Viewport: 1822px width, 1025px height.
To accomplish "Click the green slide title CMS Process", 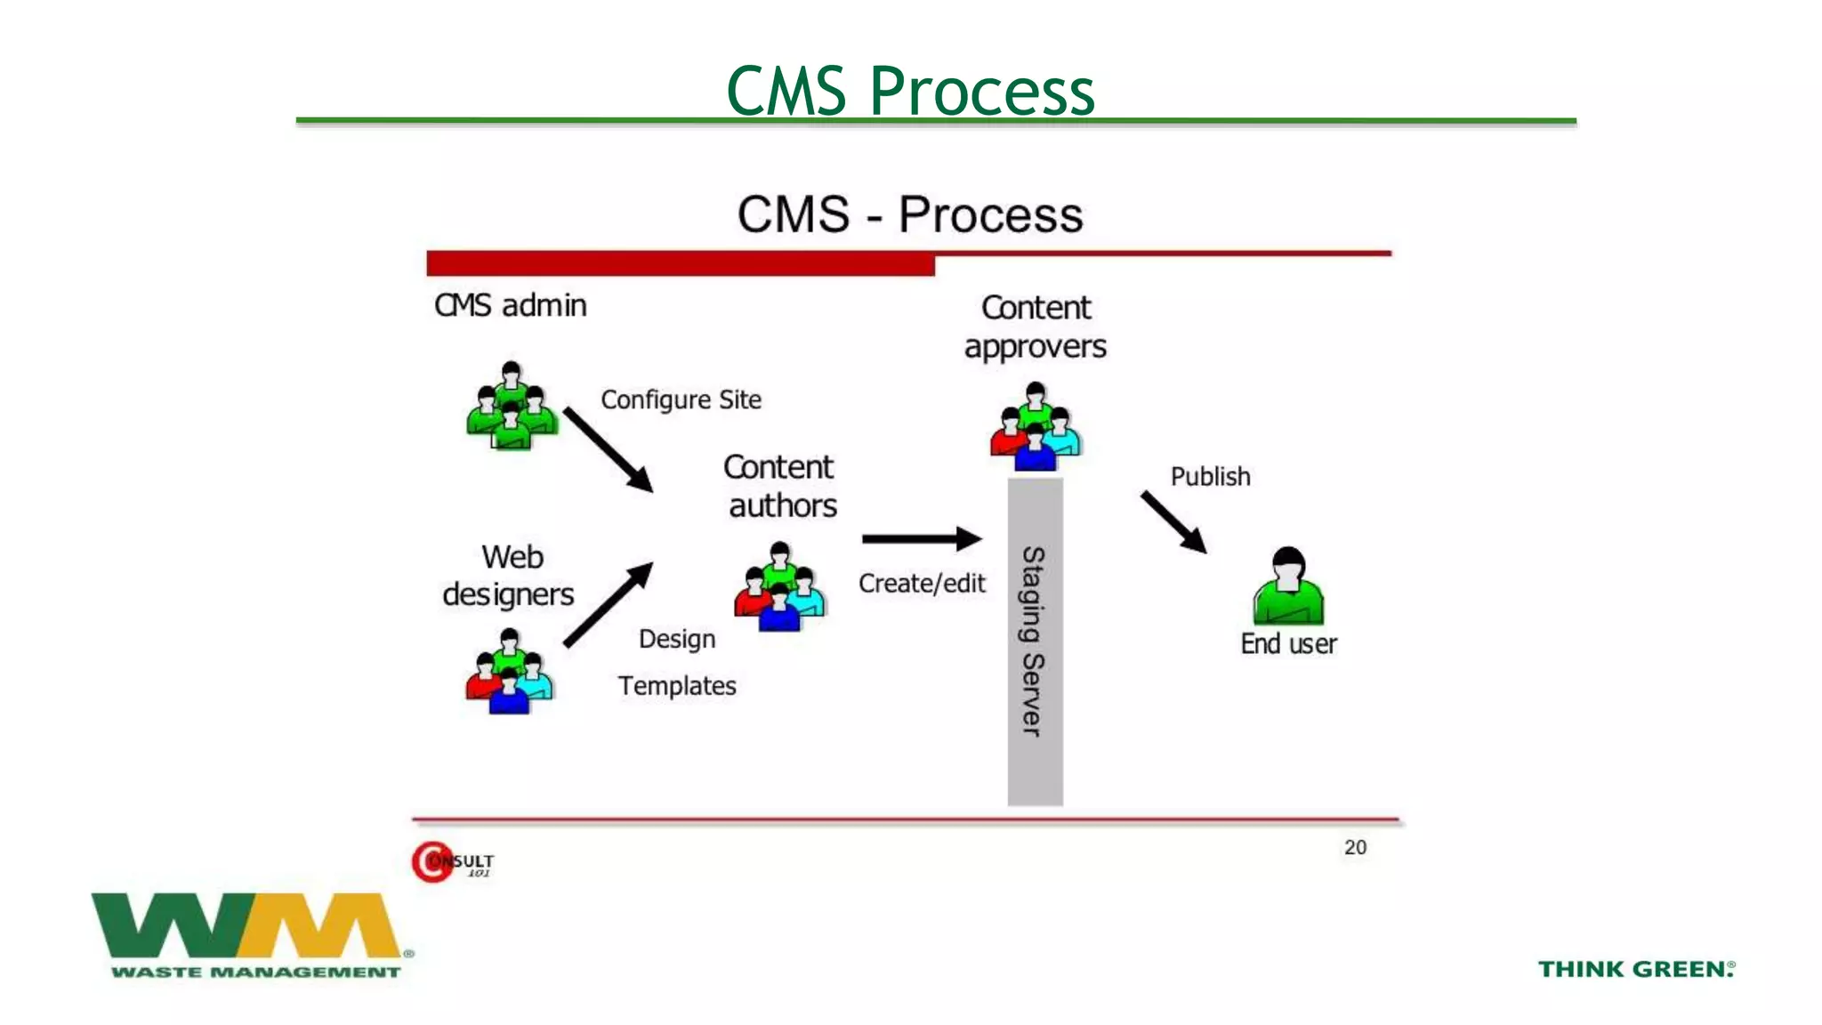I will click(x=910, y=91).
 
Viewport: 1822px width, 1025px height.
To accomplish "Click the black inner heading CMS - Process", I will click(x=910, y=215).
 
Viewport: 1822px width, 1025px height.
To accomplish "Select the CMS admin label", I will click(x=510, y=305).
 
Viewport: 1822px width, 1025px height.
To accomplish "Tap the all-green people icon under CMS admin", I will click(x=512, y=407).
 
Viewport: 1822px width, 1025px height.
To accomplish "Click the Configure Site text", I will click(x=681, y=400).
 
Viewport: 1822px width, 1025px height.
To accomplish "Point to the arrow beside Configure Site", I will click(x=609, y=449).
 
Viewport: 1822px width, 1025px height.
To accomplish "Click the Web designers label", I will click(x=509, y=576).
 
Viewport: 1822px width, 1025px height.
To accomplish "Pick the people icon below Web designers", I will click(x=509, y=672).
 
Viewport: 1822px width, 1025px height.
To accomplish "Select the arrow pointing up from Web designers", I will click(x=609, y=604).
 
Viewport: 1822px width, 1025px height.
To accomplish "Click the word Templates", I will click(x=677, y=686).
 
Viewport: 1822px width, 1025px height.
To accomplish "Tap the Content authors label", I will click(x=780, y=486).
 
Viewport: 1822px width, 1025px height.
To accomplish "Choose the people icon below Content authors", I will click(x=780, y=587).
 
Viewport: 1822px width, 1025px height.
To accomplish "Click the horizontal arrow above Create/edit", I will click(x=922, y=538).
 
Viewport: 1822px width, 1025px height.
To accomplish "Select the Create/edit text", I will click(x=922, y=584).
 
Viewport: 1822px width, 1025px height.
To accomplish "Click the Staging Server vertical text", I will click(x=1034, y=641).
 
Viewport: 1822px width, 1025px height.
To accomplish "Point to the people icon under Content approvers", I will click(x=1036, y=428).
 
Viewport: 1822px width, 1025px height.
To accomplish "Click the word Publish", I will click(x=1210, y=477).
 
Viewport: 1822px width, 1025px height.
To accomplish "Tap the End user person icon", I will click(x=1288, y=587).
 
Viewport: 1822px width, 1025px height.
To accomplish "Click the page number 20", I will click(x=1355, y=847).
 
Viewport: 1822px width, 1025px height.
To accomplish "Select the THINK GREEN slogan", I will click(x=1636, y=969).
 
